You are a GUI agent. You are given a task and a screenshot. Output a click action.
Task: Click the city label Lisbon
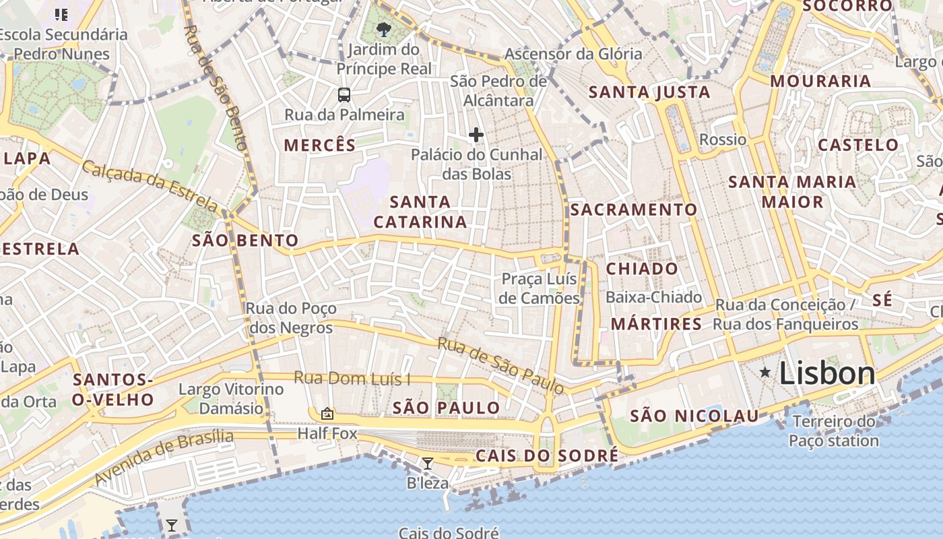[827, 373]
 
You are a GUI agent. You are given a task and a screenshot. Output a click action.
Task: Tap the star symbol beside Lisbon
[765, 372]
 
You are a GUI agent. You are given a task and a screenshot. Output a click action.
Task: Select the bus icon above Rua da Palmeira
[344, 94]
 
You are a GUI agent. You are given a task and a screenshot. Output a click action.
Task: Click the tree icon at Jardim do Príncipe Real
[384, 29]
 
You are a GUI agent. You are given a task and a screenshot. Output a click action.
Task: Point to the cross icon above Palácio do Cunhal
[476, 135]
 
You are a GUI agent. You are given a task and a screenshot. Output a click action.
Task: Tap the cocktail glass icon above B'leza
[427, 463]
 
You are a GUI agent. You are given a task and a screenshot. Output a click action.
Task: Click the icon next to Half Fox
[327, 414]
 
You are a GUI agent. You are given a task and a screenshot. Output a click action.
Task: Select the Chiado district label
[642, 269]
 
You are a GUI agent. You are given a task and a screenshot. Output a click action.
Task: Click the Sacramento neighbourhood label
[634, 210]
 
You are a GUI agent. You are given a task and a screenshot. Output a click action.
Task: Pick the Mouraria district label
[820, 82]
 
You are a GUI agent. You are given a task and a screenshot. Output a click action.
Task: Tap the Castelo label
[858, 145]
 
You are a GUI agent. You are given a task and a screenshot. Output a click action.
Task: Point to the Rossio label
[723, 139]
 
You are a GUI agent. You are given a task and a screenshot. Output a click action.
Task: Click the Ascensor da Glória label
[573, 54]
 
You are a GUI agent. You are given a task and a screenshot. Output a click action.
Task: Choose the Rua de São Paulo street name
[500, 365]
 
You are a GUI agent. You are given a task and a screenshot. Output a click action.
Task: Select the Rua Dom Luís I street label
[352, 379]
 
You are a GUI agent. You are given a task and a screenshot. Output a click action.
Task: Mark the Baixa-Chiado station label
[653, 297]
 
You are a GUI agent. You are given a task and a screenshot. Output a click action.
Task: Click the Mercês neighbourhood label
[319, 145]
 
